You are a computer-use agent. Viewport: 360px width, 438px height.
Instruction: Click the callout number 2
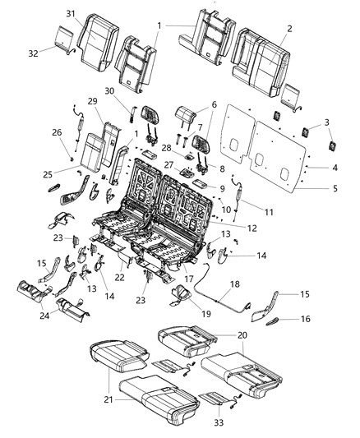click(288, 28)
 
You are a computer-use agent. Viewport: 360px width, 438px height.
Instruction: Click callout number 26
click(56, 131)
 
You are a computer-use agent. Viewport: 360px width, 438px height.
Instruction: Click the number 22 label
click(121, 277)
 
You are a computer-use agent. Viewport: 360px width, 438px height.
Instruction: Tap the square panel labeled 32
click(60, 37)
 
